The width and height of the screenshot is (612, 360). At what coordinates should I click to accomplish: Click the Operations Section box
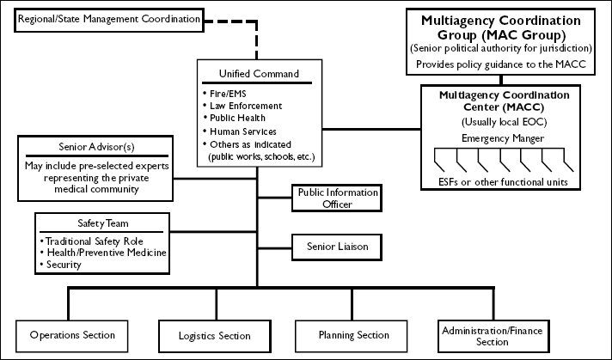pos(71,334)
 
